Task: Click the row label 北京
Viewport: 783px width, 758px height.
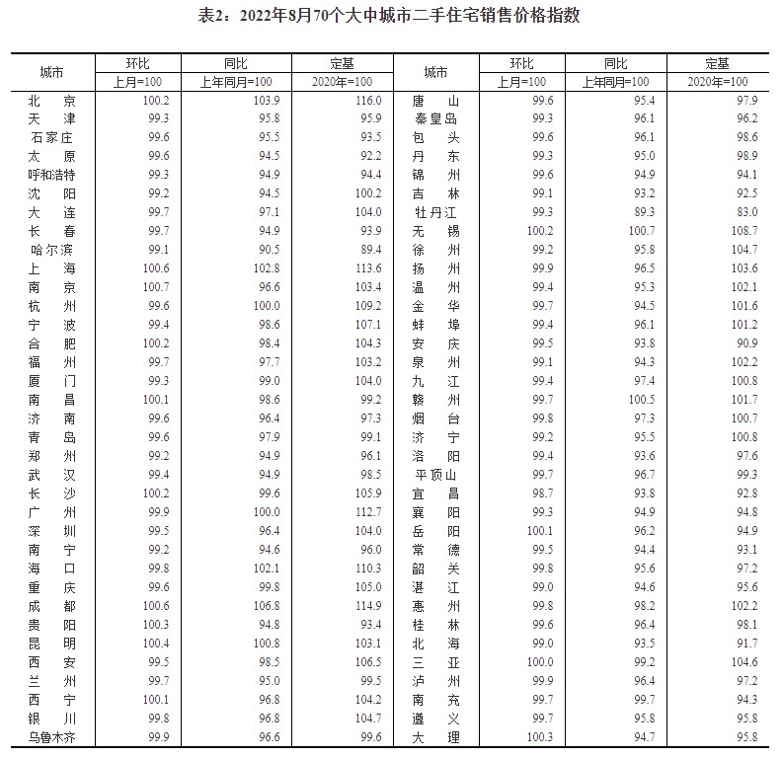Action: coord(52,101)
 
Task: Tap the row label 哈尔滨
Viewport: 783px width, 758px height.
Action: coord(52,249)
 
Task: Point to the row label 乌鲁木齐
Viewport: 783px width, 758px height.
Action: coord(52,737)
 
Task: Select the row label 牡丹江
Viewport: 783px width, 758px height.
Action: coord(434,212)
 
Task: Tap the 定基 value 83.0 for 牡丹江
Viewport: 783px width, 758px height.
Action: coord(746,212)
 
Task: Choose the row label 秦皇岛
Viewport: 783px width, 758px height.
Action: coord(434,119)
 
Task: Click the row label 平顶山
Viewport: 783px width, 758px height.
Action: coord(434,474)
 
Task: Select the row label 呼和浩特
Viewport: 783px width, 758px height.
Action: coord(52,175)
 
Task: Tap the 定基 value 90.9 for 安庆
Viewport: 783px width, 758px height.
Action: coord(746,342)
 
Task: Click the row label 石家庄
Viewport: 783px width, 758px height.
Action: coord(52,137)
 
